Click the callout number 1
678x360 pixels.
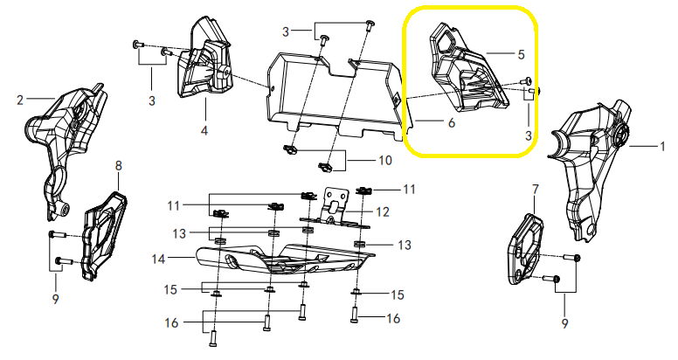click(662, 147)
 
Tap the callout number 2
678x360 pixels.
click(20, 100)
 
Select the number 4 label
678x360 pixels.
click(204, 130)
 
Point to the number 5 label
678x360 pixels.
click(521, 54)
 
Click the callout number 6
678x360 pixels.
click(452, 123)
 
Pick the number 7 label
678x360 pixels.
click(536, 189)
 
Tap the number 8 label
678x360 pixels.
click(118, 165)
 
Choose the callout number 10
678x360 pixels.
click(384, 161)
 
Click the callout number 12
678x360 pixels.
click(383, 212)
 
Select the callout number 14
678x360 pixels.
click(159, 260)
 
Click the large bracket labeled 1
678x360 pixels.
click(591, 169)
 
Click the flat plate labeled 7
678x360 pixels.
click(526, 250)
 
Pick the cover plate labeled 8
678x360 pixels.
click(104, 236)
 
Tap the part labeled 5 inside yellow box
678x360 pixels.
click(467, 72)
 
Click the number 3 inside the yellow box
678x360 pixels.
click(529, 135)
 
